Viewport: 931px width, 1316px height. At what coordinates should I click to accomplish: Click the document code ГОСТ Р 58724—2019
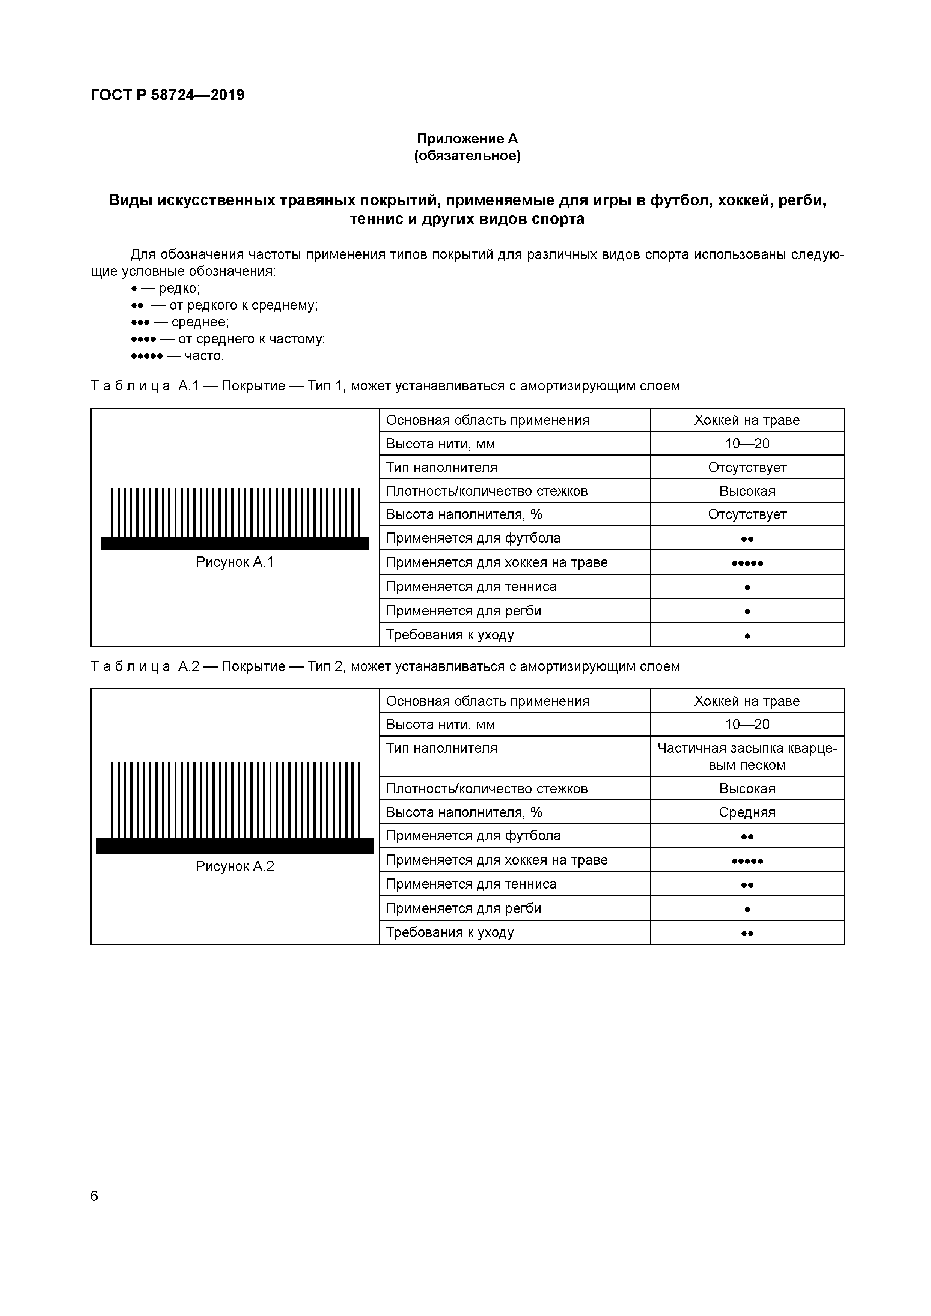click(x=167, y=95)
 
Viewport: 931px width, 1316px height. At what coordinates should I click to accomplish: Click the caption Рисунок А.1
click(x=235, y=562)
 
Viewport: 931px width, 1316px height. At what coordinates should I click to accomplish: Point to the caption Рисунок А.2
click(x=235, y=866)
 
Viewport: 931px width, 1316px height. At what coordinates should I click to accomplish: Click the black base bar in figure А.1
click(x=235, y=543)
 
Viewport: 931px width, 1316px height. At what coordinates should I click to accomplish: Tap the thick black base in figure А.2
click(x=235, y=846)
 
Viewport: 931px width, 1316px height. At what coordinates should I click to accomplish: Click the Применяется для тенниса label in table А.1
click(x=471, y=587)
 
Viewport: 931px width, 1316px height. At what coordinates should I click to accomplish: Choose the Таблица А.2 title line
click(x=385, y=666)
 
